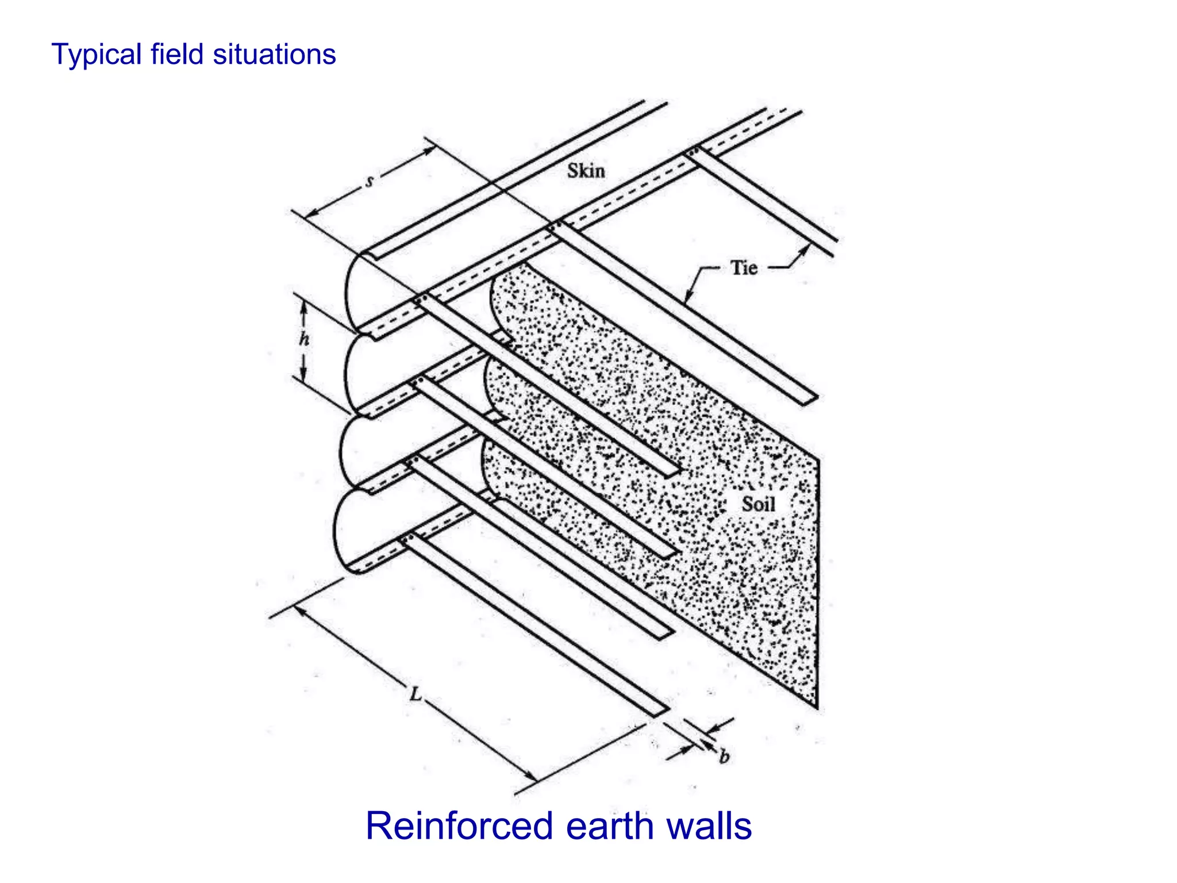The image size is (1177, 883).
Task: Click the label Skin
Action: click(586, 171)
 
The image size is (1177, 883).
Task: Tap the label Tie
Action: click(744, 268)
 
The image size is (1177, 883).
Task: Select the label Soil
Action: click(758, 504)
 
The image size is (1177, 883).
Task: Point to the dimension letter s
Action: click(370, 181)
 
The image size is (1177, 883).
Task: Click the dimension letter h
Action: click(304, 339)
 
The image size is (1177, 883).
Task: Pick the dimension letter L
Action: click(415, 694)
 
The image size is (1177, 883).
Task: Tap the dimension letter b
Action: click(724, 757)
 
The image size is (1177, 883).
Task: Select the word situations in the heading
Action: click(274, 55)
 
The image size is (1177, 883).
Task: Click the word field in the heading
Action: click(177, 55)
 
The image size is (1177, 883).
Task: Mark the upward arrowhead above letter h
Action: click(304, 308)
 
